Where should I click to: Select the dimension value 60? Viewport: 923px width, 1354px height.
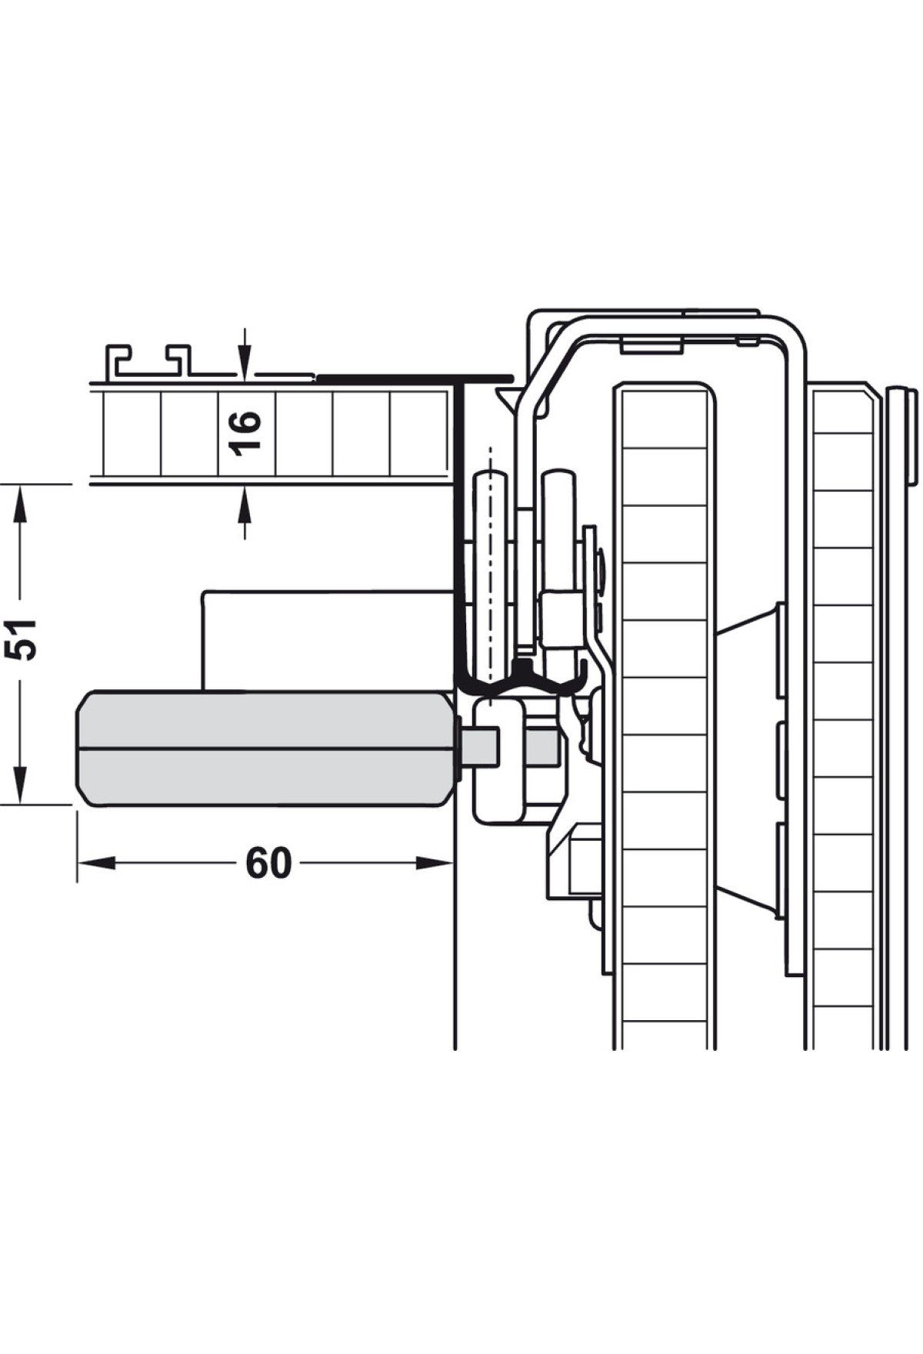pyautogui.click(x=268, y=863)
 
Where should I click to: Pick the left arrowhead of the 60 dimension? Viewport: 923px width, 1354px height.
pyautogui.click(x=95, y=863)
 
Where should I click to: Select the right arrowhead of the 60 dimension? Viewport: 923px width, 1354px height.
pyautogui.click(x=435, y=863)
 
